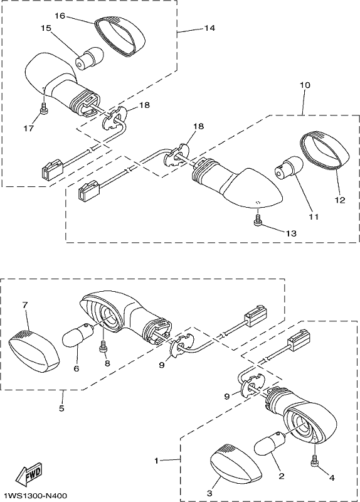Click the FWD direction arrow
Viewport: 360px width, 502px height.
[28, 473]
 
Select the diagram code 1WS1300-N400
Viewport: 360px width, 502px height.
[36, 496]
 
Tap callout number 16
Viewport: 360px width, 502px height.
[60, 15]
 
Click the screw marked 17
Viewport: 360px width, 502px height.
[44, 108]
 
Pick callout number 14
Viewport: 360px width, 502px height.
[209, 28]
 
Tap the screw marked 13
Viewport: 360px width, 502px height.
[258, 221]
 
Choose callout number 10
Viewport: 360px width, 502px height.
[305, 85]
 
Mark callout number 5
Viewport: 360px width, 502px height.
[61, 409]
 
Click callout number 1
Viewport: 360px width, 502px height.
[156, 461]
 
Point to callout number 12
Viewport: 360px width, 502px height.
[341, 200]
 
